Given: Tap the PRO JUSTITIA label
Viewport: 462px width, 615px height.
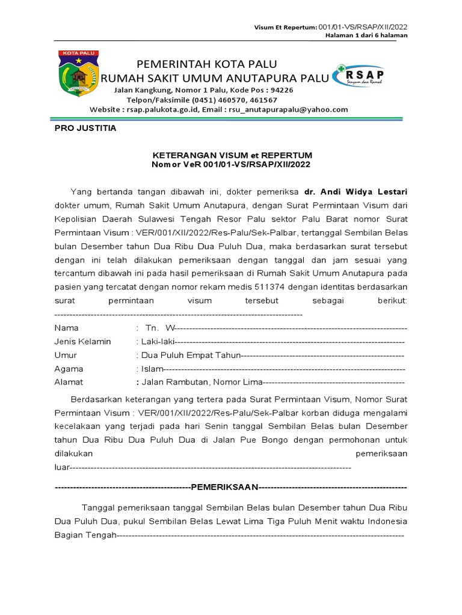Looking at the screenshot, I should tap(85, 129).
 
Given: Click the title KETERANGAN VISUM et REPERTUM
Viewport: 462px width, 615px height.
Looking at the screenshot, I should tap(232, 155).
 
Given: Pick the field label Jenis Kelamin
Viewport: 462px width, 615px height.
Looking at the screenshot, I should tap(82, 342).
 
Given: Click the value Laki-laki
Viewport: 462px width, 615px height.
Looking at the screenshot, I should tap(157, 342).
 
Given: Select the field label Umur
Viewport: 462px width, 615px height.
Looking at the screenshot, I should tap(66, 356).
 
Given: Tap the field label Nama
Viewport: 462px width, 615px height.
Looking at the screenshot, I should tap(66, 329).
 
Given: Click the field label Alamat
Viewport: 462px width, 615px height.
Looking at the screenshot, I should tap(69, 382).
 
